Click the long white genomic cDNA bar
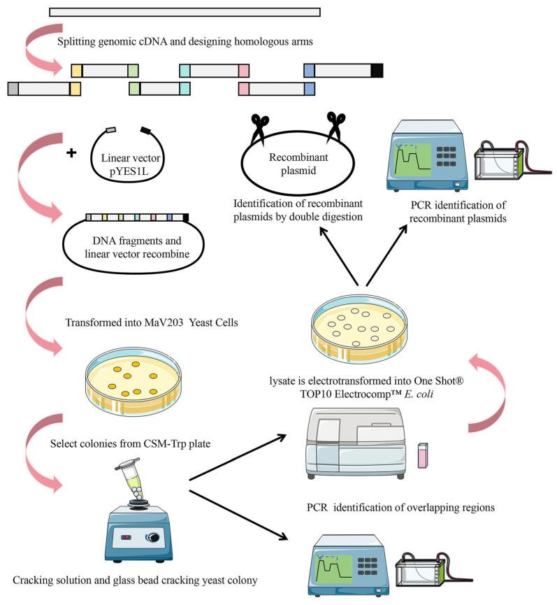[185, 12]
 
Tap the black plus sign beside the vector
[71, 152]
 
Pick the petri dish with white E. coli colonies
[359, 328]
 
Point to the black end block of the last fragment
[377, 70]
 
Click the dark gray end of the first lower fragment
[13, 89]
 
